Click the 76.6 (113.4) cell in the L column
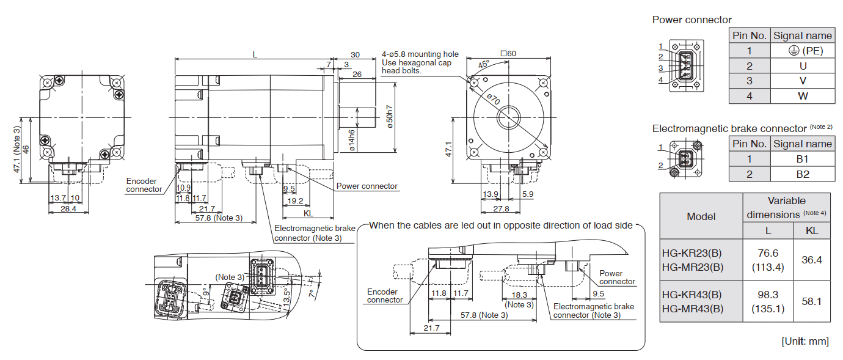click(x=767, y=260)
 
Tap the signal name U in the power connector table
click(x=802, y=65)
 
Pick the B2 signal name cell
click(x=802, y=174)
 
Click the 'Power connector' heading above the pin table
click(x=692, y=20)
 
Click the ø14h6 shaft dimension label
click(x=352, y=139)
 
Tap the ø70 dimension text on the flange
click(x=494, y=98)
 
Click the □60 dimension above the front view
click(x=508, y=53)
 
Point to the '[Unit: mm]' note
click(x=805, y=341)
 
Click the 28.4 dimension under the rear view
click(x=68, y=209)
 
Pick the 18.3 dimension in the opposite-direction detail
click(x=519, y=295)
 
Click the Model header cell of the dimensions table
click(x=701, y=216)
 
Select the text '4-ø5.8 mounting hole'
click(x=420, y=54)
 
